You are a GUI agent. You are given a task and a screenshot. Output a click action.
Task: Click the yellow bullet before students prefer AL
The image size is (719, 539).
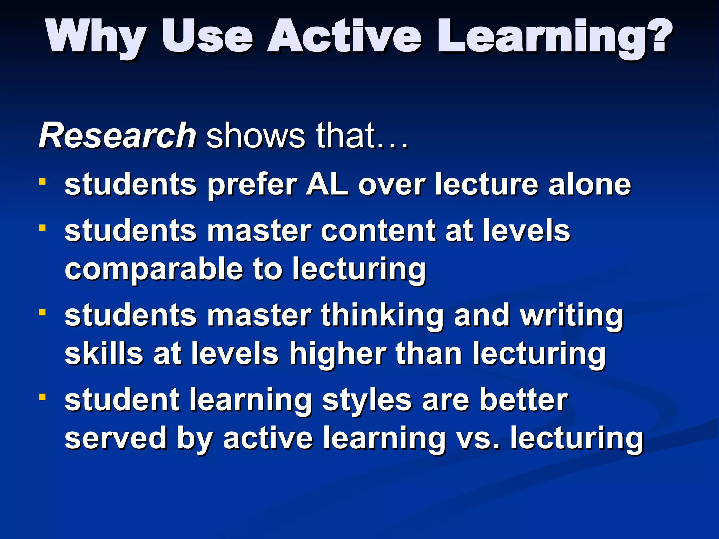click(x=42, y=181)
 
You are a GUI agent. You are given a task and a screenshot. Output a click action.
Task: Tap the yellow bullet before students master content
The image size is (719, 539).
click(x=42, y=228)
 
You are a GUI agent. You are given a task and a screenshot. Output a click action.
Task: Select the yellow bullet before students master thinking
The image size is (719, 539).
click(x=42, y=312)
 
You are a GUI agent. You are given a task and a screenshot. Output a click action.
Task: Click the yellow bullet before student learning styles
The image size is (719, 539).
click(x=42, y=397)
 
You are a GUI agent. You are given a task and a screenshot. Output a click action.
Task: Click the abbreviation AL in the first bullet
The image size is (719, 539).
click(x=327, y=185)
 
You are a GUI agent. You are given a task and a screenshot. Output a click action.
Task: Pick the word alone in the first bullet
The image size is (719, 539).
click(x=590, y=185)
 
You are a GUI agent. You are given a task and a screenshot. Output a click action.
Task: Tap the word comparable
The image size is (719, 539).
click(x=154, y=269)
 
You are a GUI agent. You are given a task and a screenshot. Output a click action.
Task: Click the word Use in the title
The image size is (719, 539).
click(x=207, y=36)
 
